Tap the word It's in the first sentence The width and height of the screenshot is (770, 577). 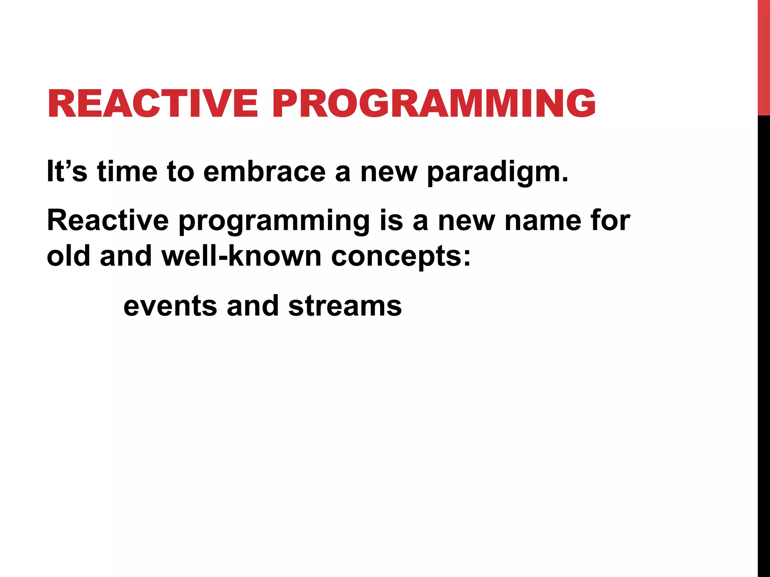(67, 171)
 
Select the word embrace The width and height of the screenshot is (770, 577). (264, 171)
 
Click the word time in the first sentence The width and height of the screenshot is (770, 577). (127, 171)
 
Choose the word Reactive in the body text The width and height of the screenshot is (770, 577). (108, 221)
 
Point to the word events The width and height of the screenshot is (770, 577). (170, 306)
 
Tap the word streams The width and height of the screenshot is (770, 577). (345, 306)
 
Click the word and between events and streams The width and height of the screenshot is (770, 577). (253, 305)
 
